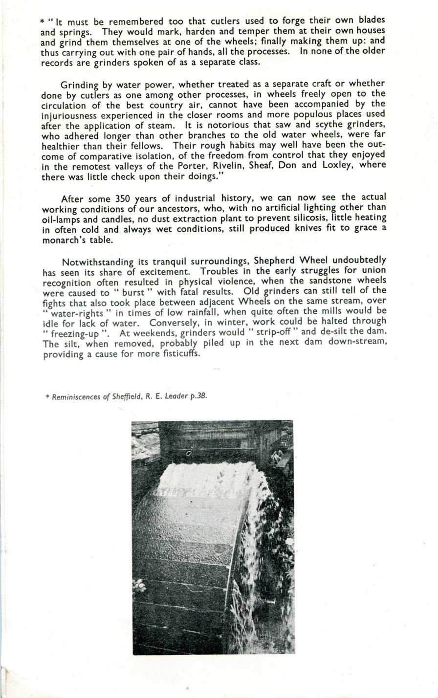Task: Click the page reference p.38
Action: point(198,396)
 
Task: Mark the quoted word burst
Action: point(131,292)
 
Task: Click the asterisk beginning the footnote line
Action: point(46,397)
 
